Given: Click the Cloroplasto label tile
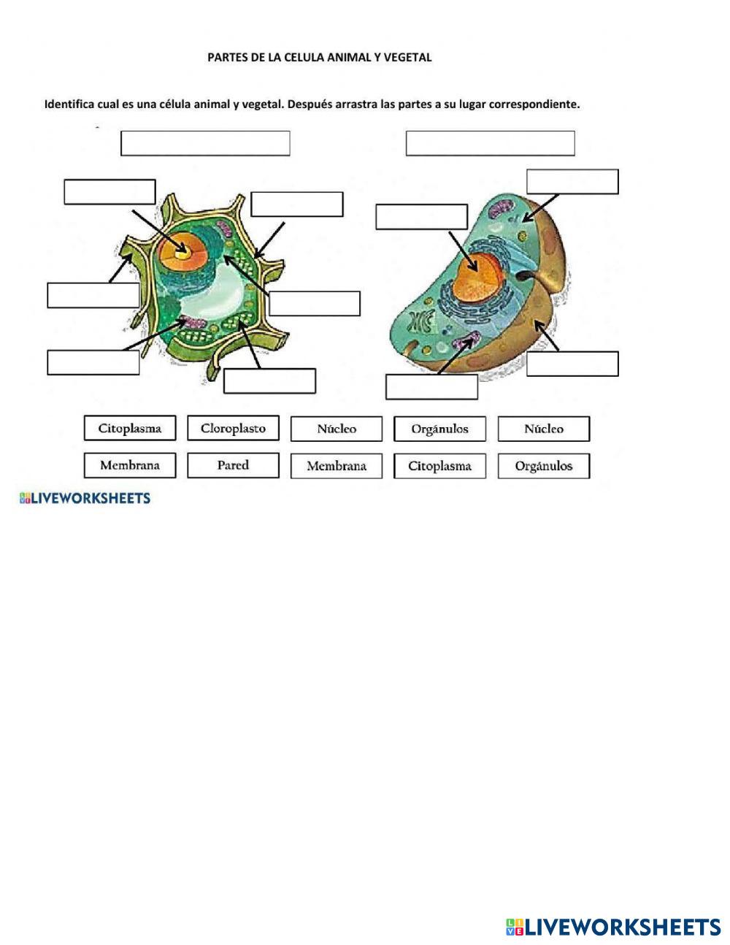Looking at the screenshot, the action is pyautogui.click(x=233, y=429).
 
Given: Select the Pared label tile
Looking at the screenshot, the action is pyautogui.click(x=233, y=465).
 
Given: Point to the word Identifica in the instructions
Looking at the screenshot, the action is pyautogui.click(x=69, y=104).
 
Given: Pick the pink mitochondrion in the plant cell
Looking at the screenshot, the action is pyautogui.click(x=193, y=321).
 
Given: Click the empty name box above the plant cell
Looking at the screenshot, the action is pyautogui.click(x=205, y=143).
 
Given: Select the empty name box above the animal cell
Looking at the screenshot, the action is pyautogui.click(x=490, y=143).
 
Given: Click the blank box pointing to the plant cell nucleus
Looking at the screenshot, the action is pyautogui.click(x=109, y=191).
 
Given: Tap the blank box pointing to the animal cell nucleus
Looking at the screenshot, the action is pyautogui.click(x=421, y=217).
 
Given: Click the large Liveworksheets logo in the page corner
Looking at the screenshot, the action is pyautogui.click(x=613, y=927).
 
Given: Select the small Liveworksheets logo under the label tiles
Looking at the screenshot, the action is pyautogui.click(x=85, y=499).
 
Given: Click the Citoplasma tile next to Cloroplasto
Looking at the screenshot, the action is pyautogui.click(x=130, y=429).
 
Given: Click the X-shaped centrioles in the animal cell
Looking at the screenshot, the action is pyautogui.click(x=421, y=322).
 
